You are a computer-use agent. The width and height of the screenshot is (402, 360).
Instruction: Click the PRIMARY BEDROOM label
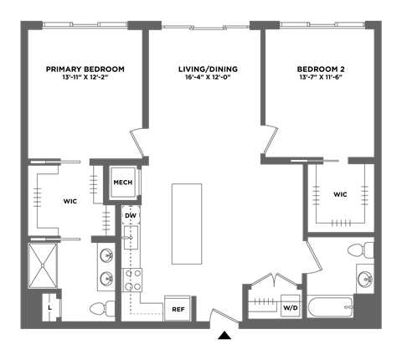(x=85, y=69)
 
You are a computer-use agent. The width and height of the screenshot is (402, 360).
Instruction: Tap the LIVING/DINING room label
(x=208, y=69)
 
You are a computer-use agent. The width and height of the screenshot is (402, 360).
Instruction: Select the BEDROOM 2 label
(x=321, y=69)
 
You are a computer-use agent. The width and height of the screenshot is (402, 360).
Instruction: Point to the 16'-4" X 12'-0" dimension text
(x=208, y=77)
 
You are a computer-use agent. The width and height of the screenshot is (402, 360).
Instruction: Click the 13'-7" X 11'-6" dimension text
(x=321, y=77)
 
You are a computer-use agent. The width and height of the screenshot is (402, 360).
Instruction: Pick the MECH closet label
(x=123, y=183)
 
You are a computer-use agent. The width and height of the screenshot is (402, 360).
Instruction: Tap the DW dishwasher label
(x=131, y=216)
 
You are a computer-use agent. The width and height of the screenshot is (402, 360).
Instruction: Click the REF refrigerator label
(x=178, y=310)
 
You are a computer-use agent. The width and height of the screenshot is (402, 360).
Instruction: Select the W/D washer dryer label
(x=291, y=308)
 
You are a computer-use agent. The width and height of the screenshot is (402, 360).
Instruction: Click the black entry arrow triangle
(x=224, y=336)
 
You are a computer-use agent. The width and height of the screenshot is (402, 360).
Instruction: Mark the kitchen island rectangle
(x=187, y=224)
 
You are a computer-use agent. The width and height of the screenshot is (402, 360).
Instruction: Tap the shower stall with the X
(x=43, y=265)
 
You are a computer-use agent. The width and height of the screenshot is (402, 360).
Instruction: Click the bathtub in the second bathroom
(x=331, y=307)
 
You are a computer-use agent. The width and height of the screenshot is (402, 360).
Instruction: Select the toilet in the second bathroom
(x=361, y=249)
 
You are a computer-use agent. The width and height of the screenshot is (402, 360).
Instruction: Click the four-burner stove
(x=131, y=280)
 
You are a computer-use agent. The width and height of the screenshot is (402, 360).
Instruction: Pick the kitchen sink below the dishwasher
(x=131, y=238)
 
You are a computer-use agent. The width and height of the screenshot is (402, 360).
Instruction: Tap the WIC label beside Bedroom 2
(x=340, y=194)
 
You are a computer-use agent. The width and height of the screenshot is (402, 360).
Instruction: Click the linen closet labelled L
(x=51, y=308)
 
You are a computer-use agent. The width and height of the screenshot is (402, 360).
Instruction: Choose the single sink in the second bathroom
(x=365, y=279)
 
